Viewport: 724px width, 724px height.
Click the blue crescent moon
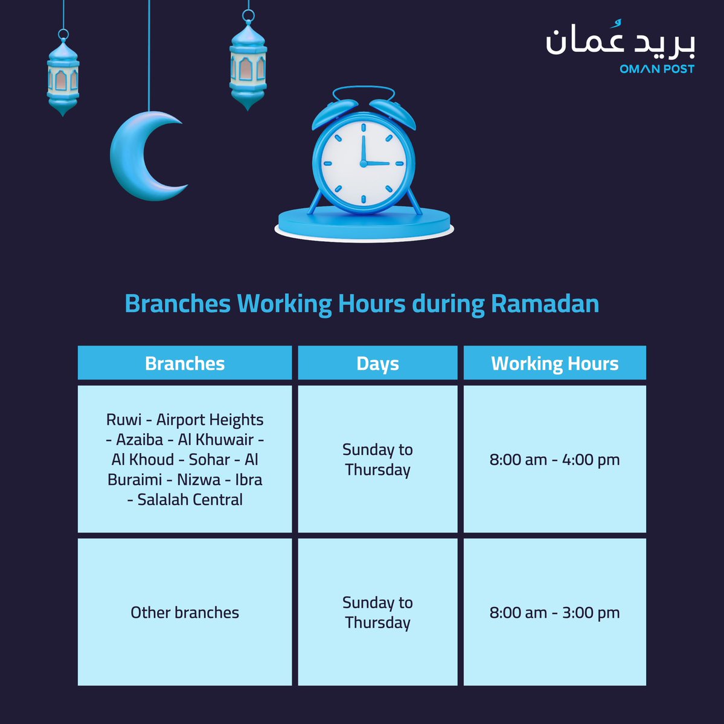(136, 158)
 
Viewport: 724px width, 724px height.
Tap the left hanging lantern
(63, 77)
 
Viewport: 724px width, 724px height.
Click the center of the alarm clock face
(363, 163)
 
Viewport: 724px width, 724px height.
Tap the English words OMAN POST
(656, 69)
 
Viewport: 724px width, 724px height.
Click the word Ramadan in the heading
(545, 303)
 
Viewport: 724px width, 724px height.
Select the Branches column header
(185, 363)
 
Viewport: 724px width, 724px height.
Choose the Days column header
(377, 363)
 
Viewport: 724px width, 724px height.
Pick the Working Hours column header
(554, 363)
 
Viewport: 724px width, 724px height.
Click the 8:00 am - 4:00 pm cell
(554, 460)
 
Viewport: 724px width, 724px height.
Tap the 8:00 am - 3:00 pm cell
(554, 612)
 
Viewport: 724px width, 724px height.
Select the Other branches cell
(185, 612)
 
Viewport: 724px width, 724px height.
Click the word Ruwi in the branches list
(123, 420)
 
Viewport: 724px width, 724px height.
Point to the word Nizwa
(199, 480)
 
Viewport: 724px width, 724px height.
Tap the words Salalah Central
(190, 500)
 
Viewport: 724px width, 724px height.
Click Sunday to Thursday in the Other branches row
(377, 612)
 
